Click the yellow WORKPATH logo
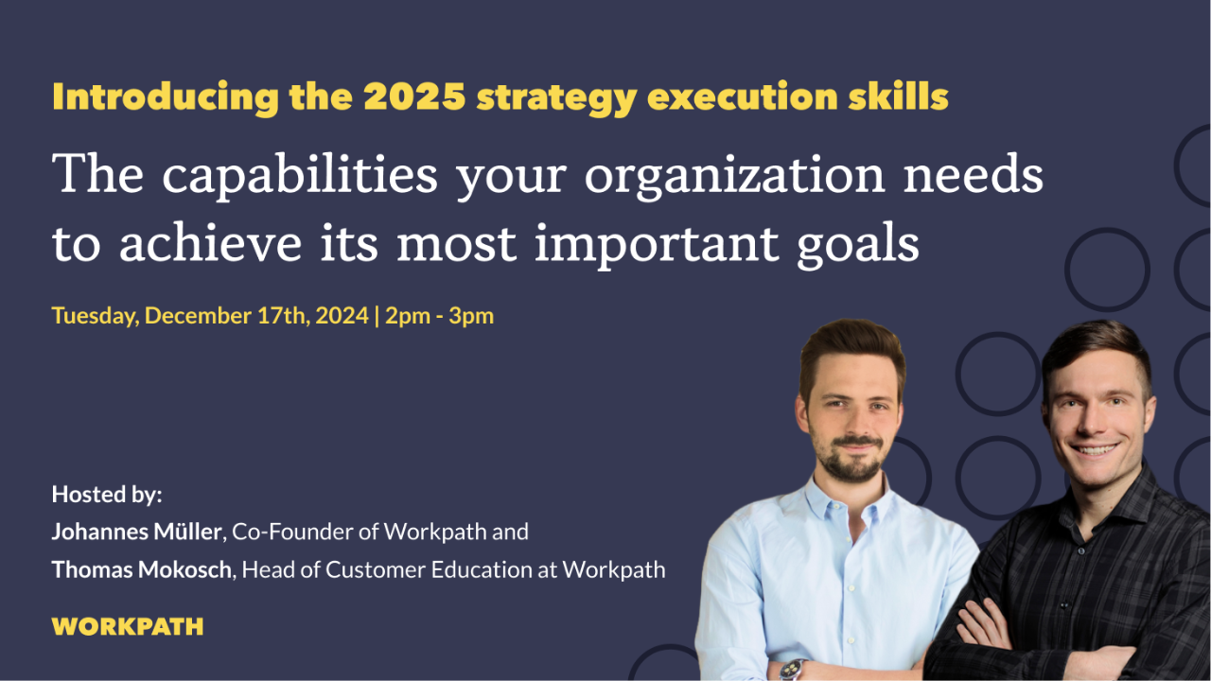click(x=128, y=626)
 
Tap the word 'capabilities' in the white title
click(x=301, y=176)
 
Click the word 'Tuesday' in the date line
click(x=95, y=316)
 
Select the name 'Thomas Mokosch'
click(x=141, y=569)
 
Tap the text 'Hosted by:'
click(x=107, y=494)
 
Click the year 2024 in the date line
click(x=342, y=316)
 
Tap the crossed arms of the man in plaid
click(x=1041, y=643)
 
